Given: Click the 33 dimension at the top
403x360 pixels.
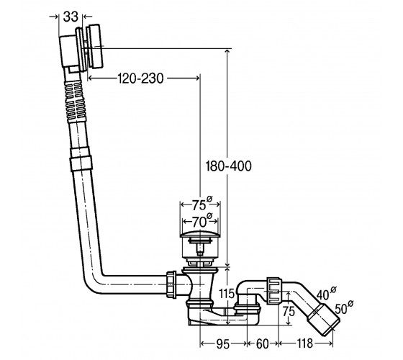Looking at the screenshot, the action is [x=71, y=17].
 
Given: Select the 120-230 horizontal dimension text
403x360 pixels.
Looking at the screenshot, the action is [x=140, y=78].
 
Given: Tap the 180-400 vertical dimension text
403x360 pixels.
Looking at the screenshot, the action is [x=229, y=166].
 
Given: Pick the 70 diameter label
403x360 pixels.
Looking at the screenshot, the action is [x=201, y=220].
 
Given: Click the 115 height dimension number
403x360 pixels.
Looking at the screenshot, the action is [x=227, y=294].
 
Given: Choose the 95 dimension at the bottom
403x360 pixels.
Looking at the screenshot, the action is [x=223, y=344].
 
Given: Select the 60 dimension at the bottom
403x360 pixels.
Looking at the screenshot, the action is [x=263, y=344].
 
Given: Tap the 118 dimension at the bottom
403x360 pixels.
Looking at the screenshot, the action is [x=305, y=343].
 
